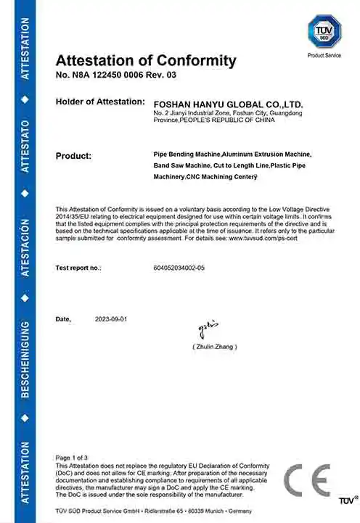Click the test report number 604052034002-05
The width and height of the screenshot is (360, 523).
point(179,268)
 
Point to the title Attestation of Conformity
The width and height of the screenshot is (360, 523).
point(146,60)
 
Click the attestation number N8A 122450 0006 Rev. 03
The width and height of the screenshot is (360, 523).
point(115,75)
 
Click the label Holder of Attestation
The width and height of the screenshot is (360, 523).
point(99,102)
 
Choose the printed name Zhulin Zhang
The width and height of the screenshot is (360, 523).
point(215,347)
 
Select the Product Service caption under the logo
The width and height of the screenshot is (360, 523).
point(324,55)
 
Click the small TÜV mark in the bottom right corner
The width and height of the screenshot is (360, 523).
point(346,501)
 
